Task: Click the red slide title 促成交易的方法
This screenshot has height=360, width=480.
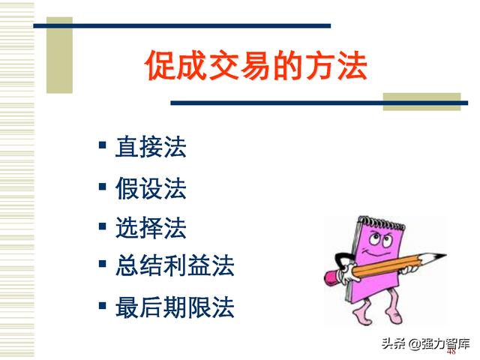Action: click(256, 65)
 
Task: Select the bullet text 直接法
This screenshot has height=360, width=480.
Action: click(151, 147)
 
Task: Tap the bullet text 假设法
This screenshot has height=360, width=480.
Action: click(151, 188)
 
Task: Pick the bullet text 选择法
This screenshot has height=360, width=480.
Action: click(151, 228)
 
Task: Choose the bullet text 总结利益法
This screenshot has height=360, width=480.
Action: click(175, 265)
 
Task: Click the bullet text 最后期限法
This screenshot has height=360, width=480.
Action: click(175, 307)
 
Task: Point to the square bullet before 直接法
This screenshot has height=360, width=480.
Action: click(103, 145)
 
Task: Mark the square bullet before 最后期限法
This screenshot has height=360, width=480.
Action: click(103, 305)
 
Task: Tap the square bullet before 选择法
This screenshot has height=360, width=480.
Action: click(103, 226)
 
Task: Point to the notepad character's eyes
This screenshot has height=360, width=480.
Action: click(379, 239)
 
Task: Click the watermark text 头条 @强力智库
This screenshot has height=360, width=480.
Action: click(425, 343)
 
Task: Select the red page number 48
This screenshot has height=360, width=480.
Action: click(451, 352)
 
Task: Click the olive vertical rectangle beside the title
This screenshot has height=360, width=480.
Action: click(59, 55)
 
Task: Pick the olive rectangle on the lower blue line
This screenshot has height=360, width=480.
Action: click(421, 102)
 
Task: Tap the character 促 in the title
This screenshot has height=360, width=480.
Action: click(160, 65)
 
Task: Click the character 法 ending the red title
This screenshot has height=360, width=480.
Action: click(352, 65)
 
